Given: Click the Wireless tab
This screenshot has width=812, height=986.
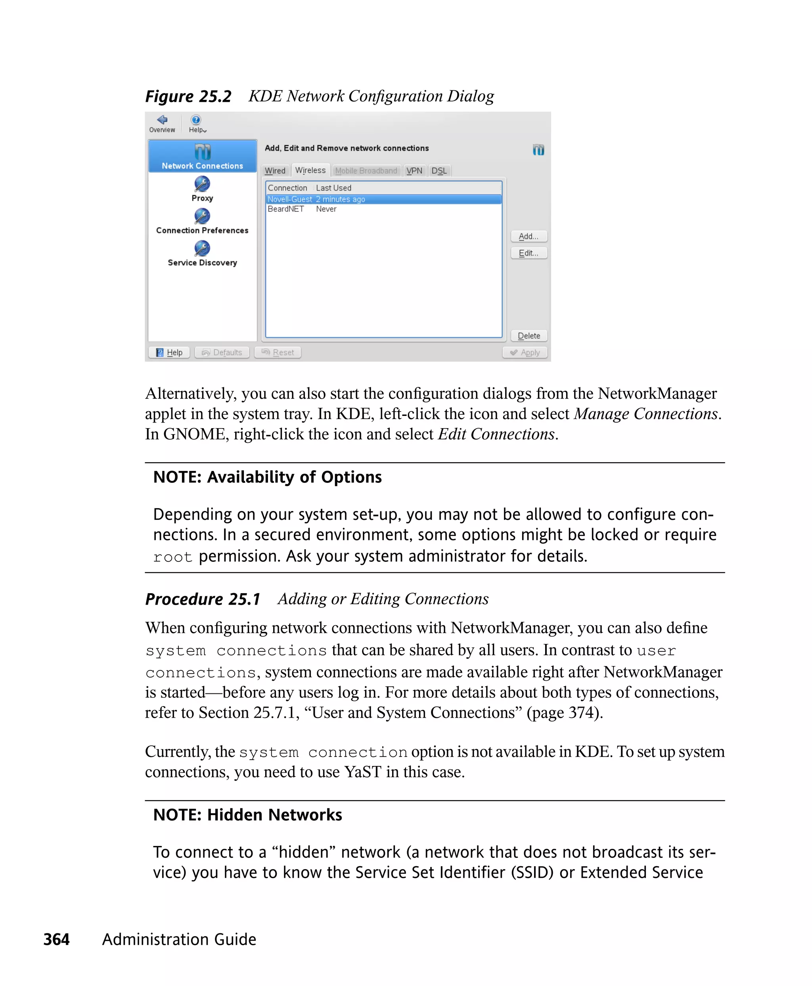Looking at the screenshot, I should click(x=310, y=170).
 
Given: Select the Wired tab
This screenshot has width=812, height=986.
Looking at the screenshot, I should click(x=275, y=171).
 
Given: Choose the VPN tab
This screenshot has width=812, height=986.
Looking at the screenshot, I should click(x=414, y=171).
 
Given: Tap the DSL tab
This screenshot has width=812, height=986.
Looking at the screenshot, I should click(x=439, y=171).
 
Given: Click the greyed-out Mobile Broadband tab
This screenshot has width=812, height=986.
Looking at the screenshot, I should click(x=366, y=171).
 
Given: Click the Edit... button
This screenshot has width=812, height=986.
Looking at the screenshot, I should click(x=529, y=253).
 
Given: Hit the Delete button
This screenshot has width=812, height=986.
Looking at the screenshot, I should click(x=529, y=336).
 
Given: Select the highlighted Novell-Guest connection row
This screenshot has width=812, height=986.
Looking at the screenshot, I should click(x=316, y=199).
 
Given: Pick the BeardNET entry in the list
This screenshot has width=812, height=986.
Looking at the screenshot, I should click(x=286, y=209).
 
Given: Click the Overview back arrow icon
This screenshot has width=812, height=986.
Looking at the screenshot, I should click(x=162, y=120).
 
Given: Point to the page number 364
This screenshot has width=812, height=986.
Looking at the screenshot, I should click(x=56, y=939).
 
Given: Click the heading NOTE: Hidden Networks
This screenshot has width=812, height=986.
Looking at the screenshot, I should click(x=247, y=815).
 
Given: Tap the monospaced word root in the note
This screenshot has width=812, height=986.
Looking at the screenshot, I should click(x=172, y=557).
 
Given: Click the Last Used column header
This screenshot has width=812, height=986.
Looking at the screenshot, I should click(x=333, y=188).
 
